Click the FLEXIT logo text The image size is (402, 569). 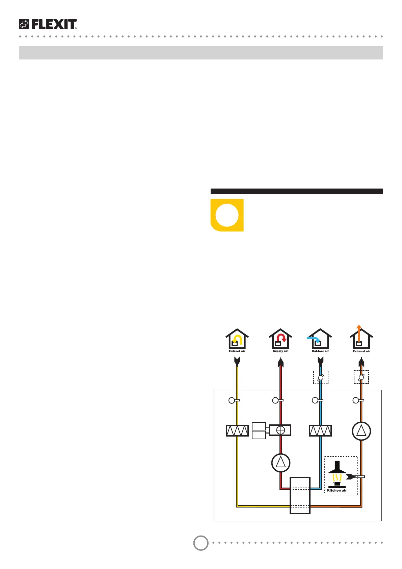pos(54,24)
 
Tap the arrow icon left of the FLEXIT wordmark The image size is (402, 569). pos(24,24)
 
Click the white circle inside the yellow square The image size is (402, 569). pos(227,215)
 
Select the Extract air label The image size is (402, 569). pos(237,351)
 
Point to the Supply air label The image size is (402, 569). pos(280,351)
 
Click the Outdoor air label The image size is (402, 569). pos(320,351)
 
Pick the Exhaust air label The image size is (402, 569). pos(361,351)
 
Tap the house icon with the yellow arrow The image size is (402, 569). pos(237,339)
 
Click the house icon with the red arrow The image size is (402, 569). pos(280,339)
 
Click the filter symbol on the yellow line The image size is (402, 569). pos(237,431)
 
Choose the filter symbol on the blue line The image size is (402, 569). pos(320,431)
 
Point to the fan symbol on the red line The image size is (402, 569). pos(281,463)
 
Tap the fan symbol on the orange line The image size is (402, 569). pos(361,431)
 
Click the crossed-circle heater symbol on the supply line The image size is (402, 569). pos(280,430)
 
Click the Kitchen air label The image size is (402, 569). pos(337,490)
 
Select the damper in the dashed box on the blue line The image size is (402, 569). pos(321,377)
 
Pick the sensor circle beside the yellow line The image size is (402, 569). pos(232,400)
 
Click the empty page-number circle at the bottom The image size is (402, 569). pos(201,543)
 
